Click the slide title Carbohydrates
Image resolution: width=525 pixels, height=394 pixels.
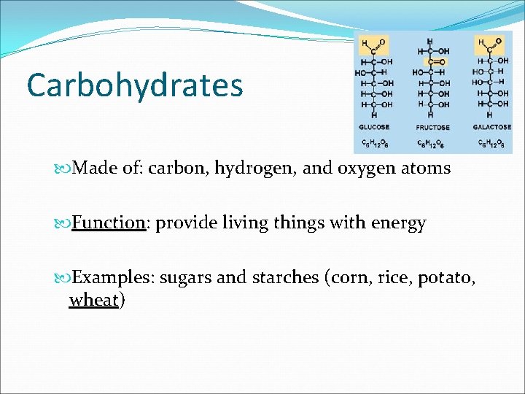(134, 85)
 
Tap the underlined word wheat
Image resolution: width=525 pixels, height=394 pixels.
(93, 299)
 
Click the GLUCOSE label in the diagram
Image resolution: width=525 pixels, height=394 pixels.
(373, 127)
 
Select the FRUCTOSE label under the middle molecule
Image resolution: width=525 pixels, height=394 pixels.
(432, 127)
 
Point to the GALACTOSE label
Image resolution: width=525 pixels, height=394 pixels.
(492, 127)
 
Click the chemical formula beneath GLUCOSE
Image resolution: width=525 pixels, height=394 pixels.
(373, 142)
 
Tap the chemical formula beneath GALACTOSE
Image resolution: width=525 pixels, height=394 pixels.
(492, 142)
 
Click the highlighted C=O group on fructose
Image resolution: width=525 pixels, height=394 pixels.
(433, 62)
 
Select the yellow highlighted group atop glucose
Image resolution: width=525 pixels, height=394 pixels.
(373, 46)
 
